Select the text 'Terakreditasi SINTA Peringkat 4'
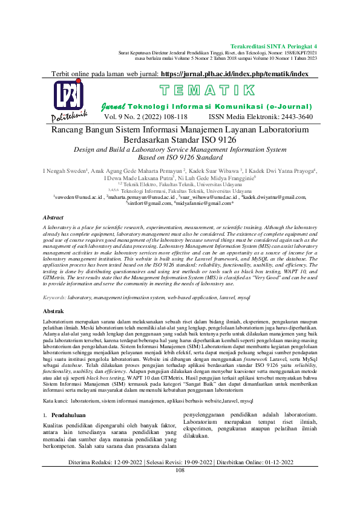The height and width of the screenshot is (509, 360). (x=274, y=46)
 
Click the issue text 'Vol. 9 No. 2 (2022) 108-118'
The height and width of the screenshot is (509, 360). (x=145, y=117)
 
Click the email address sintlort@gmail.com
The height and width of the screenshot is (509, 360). (x=148, y=203)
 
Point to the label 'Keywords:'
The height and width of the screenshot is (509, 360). (x=55, y=298)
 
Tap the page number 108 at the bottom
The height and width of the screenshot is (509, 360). (x=180, y=487)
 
